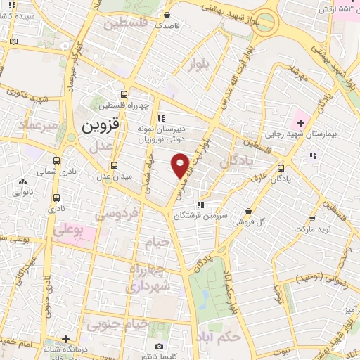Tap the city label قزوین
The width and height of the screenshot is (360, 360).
(101, 127)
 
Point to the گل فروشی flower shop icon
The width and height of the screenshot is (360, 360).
(248, 210)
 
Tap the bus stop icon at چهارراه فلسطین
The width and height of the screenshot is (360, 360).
(124, 95)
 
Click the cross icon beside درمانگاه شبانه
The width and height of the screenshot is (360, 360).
(65, 337)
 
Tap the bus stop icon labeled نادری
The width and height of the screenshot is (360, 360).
(56, 199)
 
